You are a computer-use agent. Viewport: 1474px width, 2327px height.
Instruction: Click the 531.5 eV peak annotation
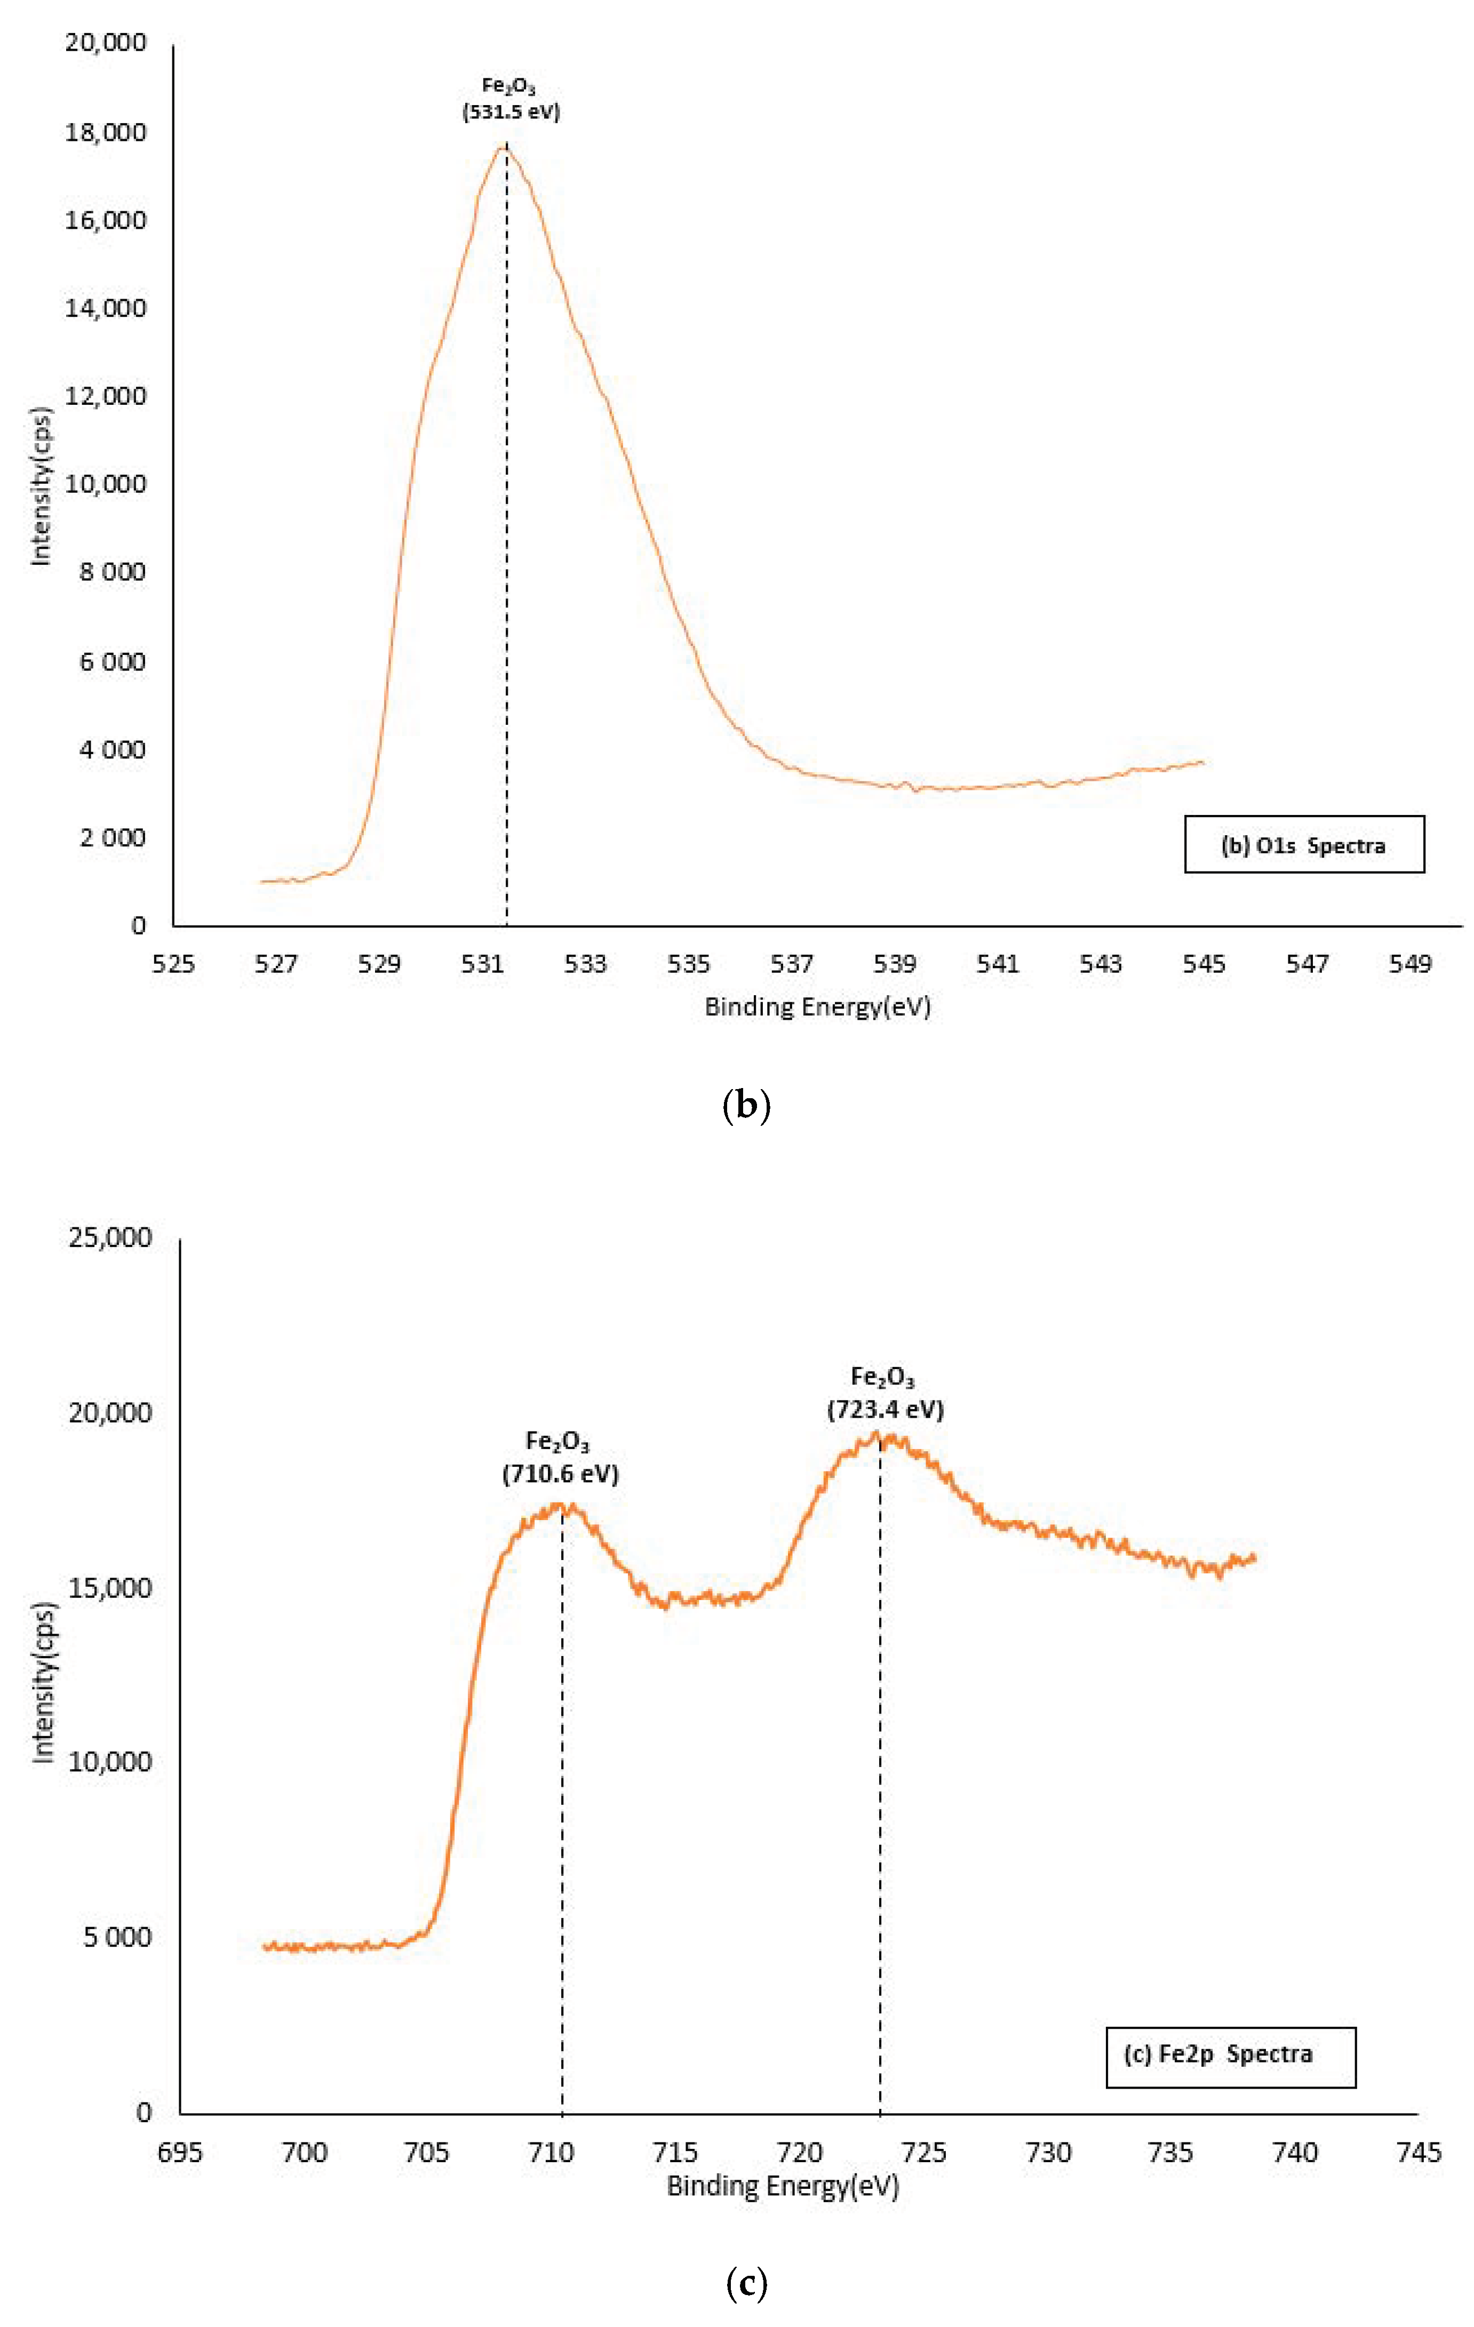click(x=511, y=100)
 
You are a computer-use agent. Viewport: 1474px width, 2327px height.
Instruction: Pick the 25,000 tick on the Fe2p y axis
click(x=110, y=1238)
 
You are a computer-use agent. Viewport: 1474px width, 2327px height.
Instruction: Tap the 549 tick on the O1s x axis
click(x=1409, y=963)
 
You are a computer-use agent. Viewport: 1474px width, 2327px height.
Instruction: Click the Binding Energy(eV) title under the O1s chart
click(x=817, y=1007)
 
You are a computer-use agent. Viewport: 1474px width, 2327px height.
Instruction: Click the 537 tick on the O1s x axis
click(x=792, y=963)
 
